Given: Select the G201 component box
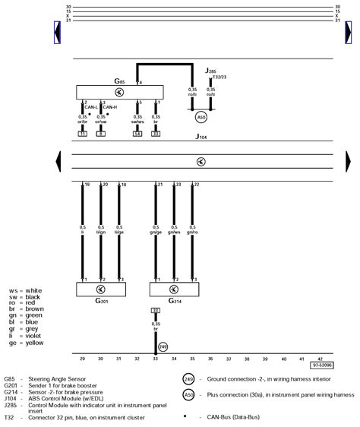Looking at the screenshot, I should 100,289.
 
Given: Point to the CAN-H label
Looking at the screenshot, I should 109,108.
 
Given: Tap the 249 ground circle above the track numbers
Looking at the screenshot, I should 163,346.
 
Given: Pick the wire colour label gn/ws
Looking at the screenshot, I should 175,231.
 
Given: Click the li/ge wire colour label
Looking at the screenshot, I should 119,231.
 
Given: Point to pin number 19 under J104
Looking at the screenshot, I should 87,185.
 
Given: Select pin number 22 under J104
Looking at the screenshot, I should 197,185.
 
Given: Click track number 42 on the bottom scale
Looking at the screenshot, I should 320,358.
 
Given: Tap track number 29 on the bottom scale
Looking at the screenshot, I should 82,358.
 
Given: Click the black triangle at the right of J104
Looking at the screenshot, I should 348,160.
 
